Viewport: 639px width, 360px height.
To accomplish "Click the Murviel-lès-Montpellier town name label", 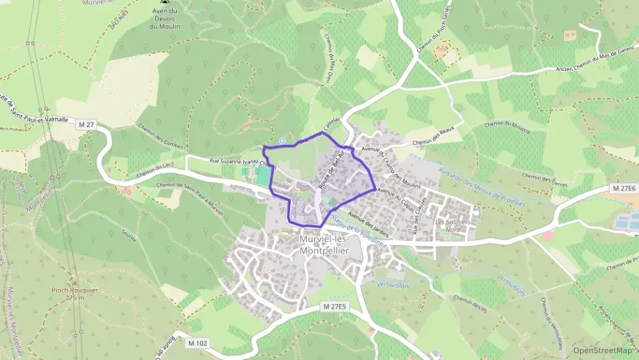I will pyautogui.click(x=324, y=245).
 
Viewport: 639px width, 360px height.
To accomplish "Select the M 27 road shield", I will pyautogui.click(x=87, y=124).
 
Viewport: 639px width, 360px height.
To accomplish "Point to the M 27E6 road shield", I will pyautogui.click(x=624, y=188).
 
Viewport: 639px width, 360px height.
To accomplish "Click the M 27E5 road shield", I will pyautogui.click(x=335, y=307).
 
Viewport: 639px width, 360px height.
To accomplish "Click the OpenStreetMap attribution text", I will pyautogui.click(x=603, y=350).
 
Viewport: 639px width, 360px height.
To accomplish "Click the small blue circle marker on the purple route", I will pyautogui.click(x=282, y=141).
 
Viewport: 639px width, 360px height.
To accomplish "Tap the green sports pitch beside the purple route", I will pyautogui.click(x=263, y=176).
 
